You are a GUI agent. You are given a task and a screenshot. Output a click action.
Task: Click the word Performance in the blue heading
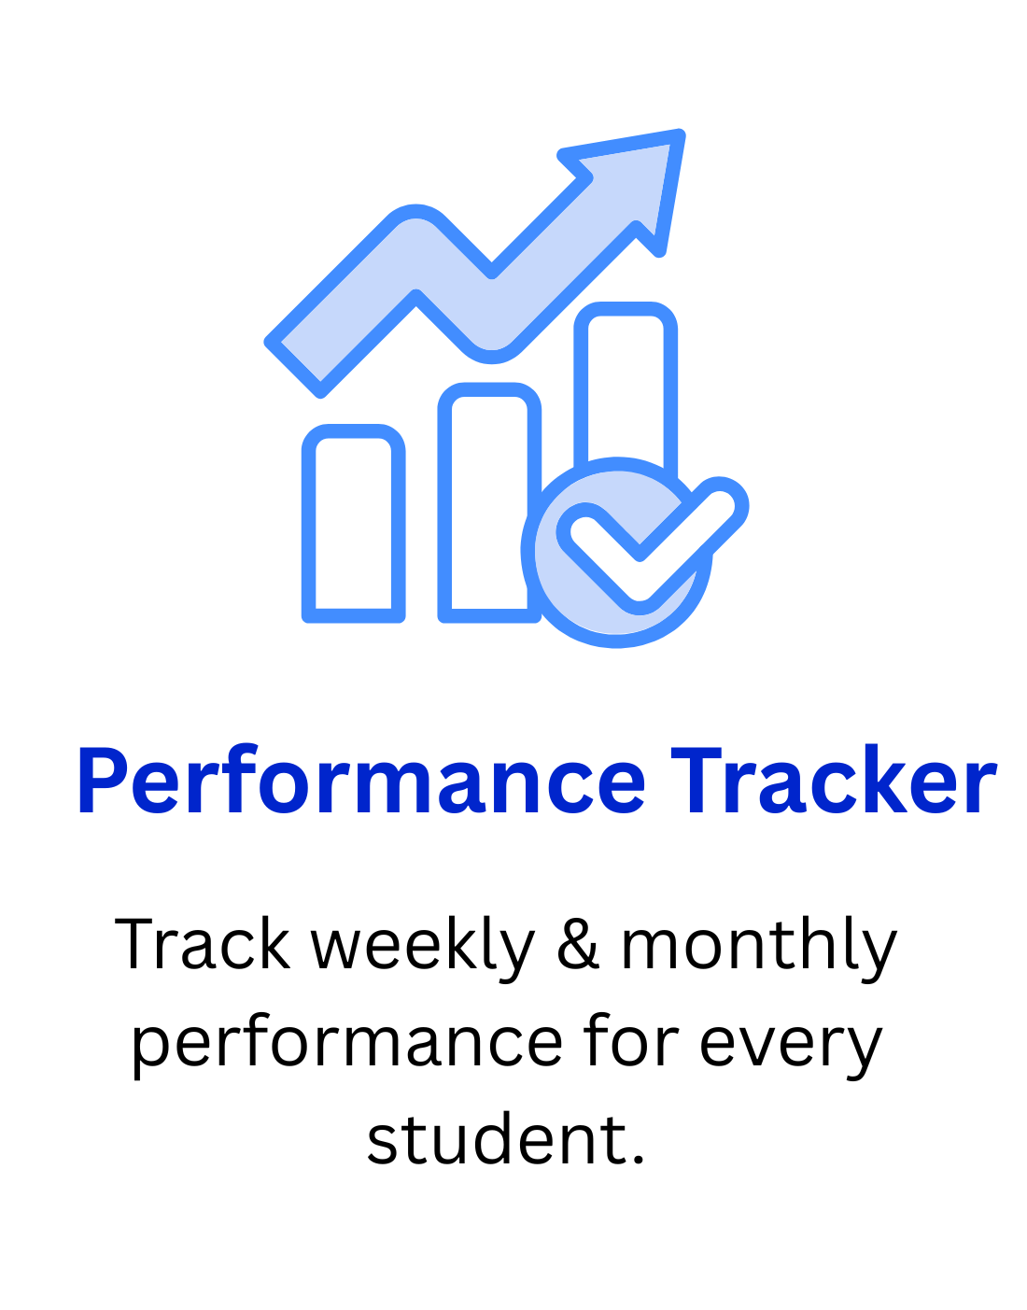(x=361, y=782)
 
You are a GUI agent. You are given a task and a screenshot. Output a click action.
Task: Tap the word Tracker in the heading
(x=833, y=782)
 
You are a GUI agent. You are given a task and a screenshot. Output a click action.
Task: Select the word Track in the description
(x=202, y=945)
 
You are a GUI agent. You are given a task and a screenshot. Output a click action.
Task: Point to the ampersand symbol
(x=578, y=945)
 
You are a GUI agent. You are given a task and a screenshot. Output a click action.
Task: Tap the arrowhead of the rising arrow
(x=644, y=173)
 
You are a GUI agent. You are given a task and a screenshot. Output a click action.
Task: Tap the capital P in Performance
(x=103, y=782)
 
